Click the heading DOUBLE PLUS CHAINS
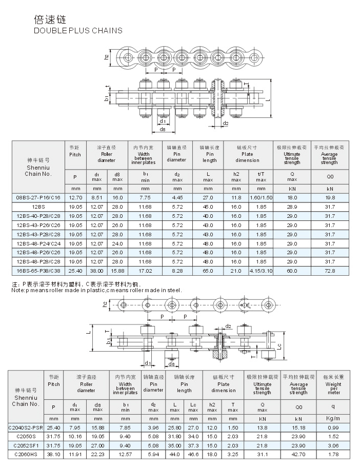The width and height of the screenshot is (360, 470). [78, 30]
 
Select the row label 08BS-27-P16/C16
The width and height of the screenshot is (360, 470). [38, 197]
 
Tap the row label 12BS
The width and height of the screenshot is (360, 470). [38, 206]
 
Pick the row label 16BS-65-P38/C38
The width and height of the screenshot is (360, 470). [38, 270]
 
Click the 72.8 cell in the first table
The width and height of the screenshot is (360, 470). [329, 270]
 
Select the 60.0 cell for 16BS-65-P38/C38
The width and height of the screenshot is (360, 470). [292, 270]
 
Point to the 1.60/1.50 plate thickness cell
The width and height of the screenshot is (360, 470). [261, 197]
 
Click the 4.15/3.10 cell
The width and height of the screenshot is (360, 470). [261, 270]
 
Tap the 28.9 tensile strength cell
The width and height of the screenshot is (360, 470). [292, 206]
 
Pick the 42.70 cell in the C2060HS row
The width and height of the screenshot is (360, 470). [298, 454]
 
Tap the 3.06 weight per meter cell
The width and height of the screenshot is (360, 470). [333, 445]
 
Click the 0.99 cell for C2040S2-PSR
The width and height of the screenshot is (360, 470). [333, 427]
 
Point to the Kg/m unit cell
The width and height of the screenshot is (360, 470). [333, 418]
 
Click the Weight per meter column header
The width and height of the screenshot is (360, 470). [333, 388]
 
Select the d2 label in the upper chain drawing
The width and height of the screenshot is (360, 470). [226, 124]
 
